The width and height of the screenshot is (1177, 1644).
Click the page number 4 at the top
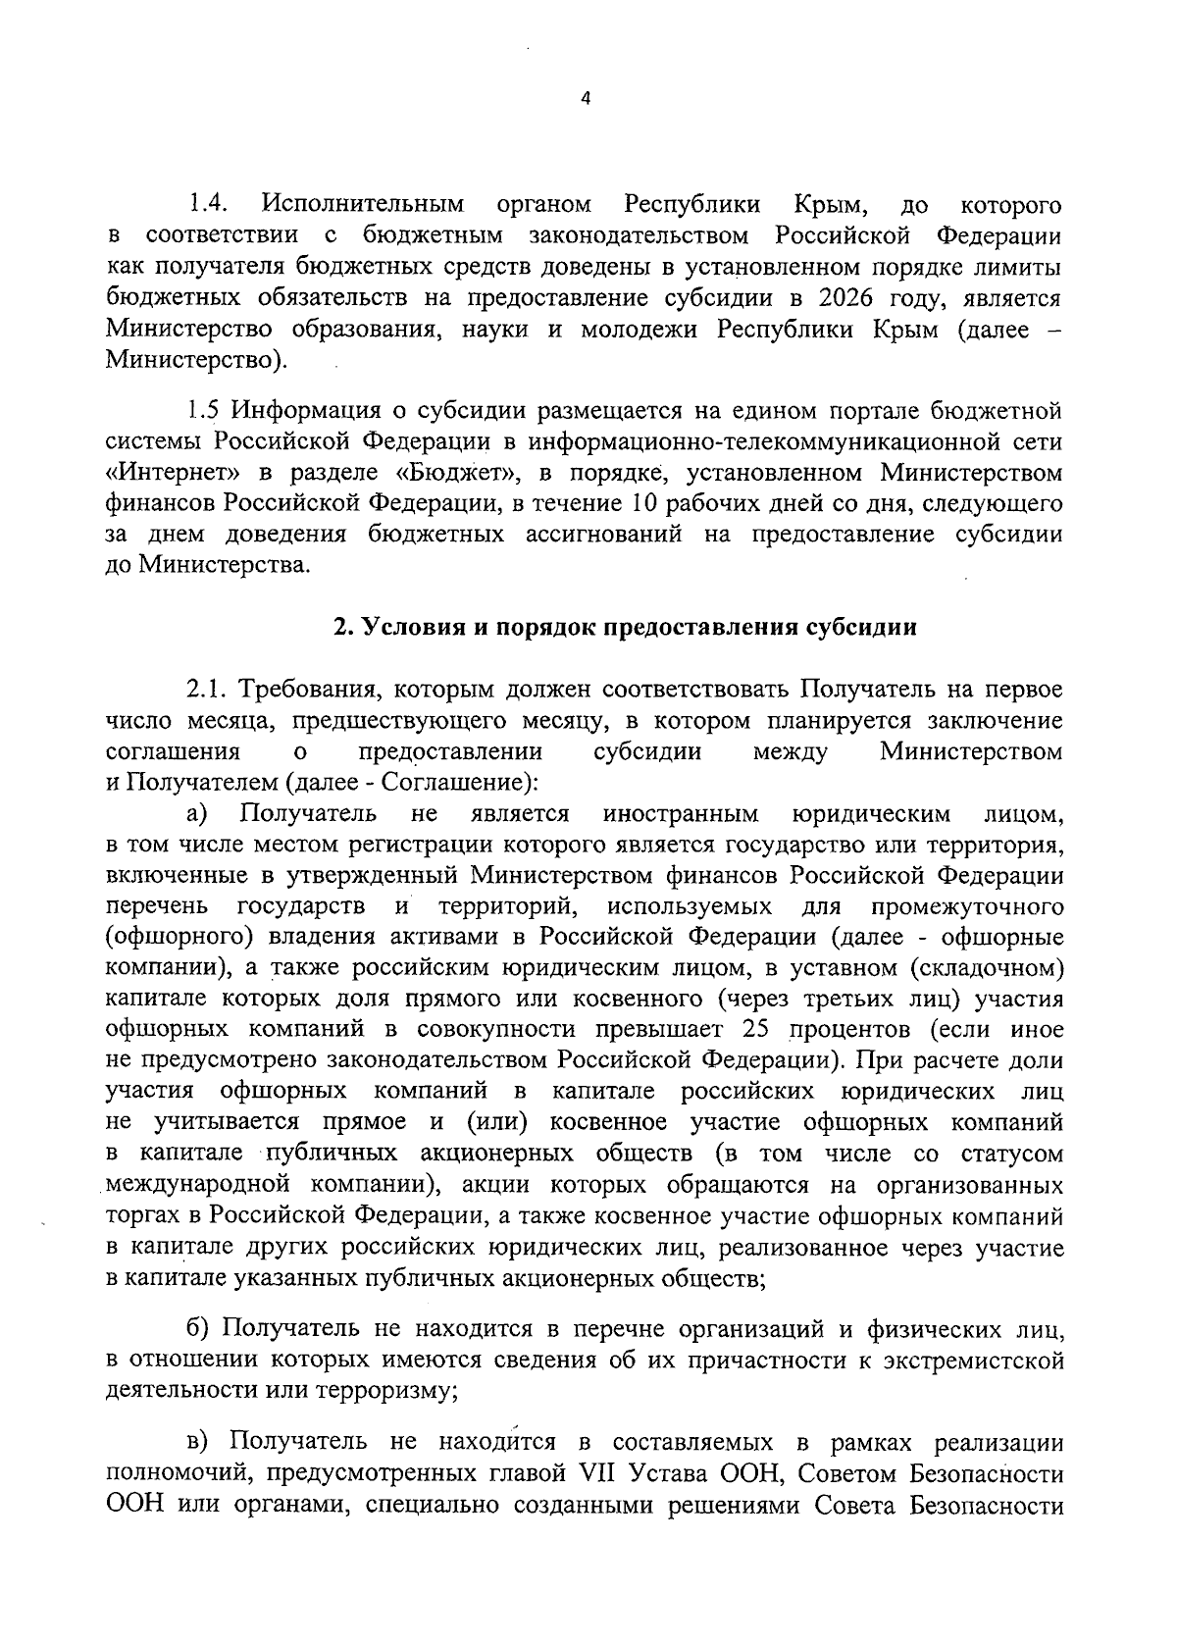click(x=586, y=98)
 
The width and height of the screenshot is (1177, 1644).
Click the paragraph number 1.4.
click(x=208, y=205)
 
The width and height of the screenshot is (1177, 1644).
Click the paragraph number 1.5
click(x=206, y=410)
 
